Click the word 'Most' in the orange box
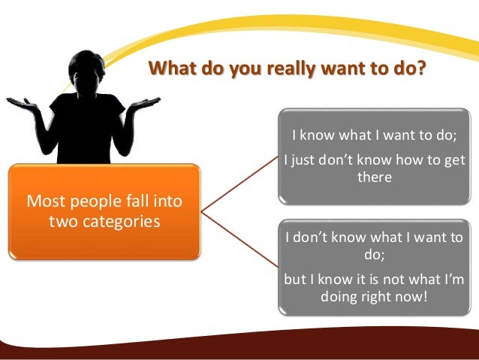coord(44,201)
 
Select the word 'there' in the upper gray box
coord(373,177)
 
